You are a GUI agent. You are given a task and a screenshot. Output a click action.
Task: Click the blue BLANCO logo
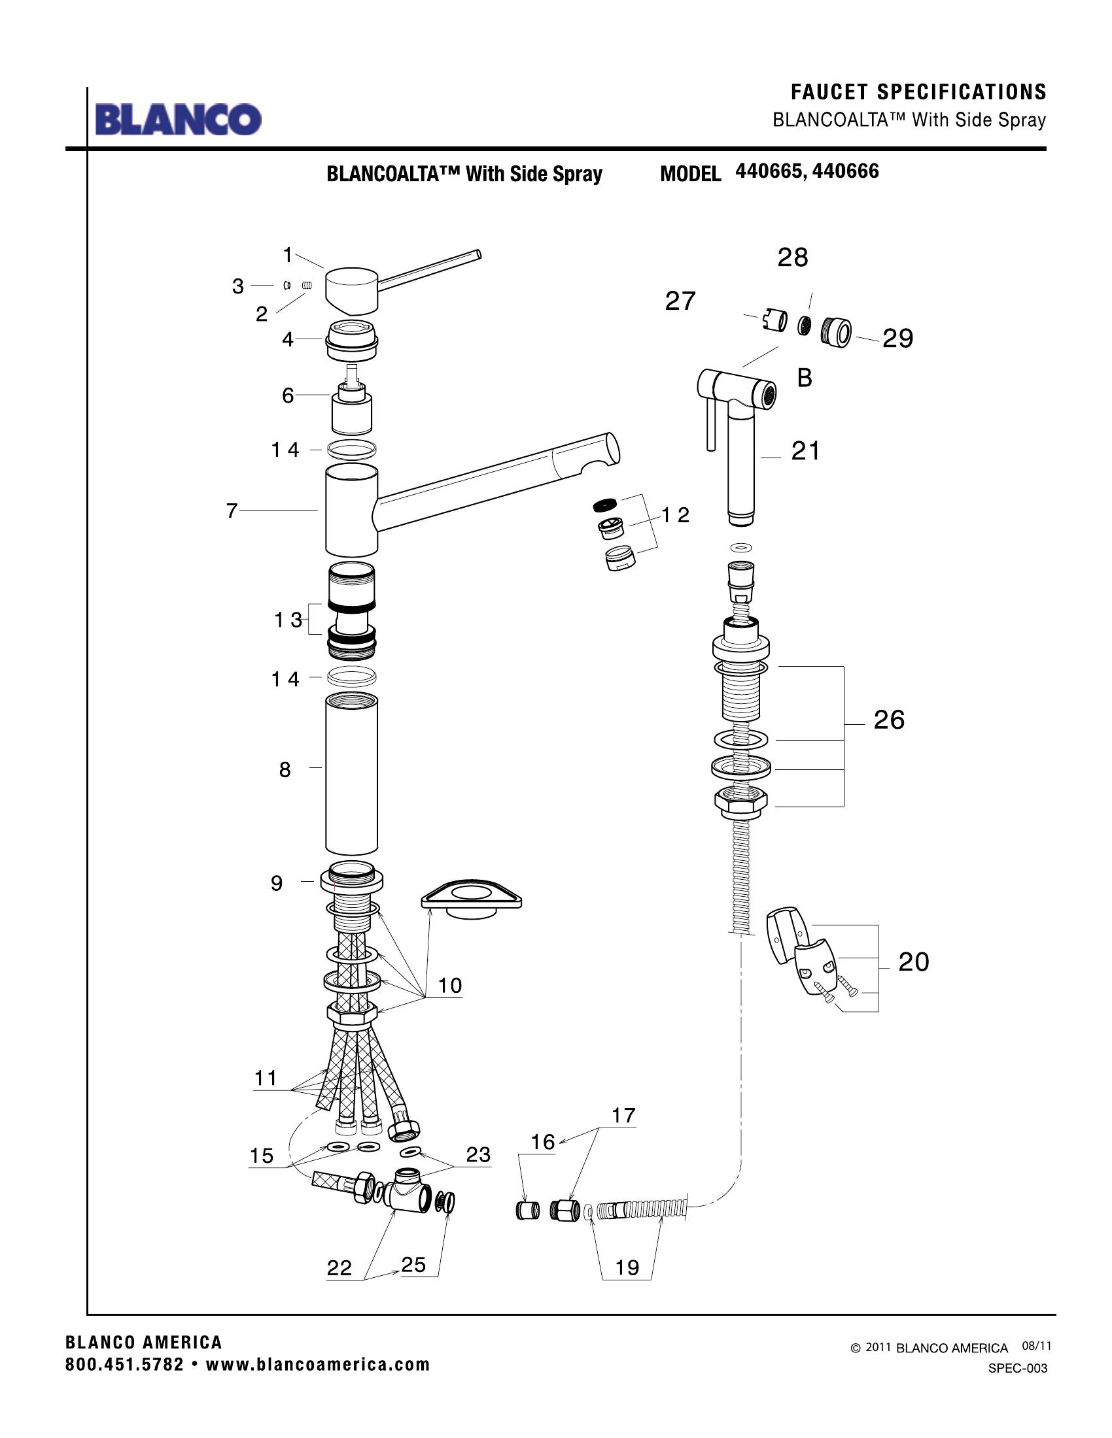click(x=178, y=120)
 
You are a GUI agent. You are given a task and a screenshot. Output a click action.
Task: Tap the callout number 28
click(x=793, y=258)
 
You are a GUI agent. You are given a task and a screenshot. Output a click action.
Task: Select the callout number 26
click(x=889, y=720)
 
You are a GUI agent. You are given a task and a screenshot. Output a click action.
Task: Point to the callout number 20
click(x=913, y=962)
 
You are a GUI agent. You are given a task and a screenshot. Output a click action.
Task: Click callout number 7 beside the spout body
click(x=231, y=510)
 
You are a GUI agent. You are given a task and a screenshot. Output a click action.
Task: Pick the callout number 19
click(x=627, y=1267)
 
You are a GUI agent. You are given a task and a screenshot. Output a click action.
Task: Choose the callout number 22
click(x=339, y=1268)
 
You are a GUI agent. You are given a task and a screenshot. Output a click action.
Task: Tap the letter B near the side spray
click(x=805, y=378)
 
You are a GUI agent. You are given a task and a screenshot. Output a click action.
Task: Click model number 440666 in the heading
click(x=845, y=171)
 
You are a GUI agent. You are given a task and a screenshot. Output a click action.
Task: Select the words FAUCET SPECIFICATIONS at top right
click(x=918, y=92)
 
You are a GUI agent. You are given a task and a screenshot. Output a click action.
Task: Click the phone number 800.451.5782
click(x=124, y=1364)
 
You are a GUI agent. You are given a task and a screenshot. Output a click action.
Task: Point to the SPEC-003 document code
click(x=1017, y=1368)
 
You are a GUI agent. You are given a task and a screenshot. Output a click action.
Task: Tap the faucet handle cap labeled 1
click(x=353, y=289)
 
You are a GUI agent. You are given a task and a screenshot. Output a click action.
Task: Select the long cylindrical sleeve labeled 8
click(x=351, y=777)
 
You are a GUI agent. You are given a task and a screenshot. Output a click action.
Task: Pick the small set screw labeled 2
click(x=306, y=285)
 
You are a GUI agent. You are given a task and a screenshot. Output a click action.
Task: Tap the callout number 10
click(x=450, y=986)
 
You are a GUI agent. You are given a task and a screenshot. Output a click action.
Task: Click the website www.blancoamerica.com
click(x=317, y=1364)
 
